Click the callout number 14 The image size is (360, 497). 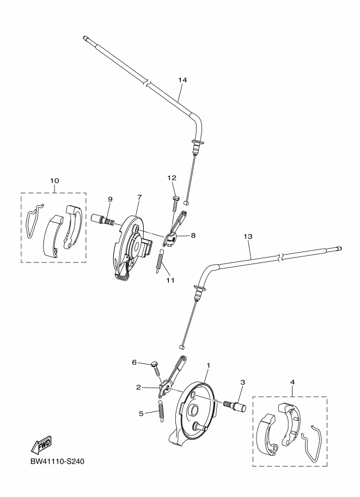(x=182, y=80)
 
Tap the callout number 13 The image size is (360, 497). (x=248, y=237)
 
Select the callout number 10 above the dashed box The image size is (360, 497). (x=54, y=180)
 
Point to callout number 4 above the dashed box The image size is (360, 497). (x=292, y=383)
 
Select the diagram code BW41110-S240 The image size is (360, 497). (x=53, y=462)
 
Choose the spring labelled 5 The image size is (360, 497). (x=162, y=411)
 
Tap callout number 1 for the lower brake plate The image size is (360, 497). (x=208, y=365)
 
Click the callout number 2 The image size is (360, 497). (x=139, y=387)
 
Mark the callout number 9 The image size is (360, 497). (x=109, y=199)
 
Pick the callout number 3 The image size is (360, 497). (x=242, y=383)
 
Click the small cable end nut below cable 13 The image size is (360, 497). (x=182, y=345)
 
